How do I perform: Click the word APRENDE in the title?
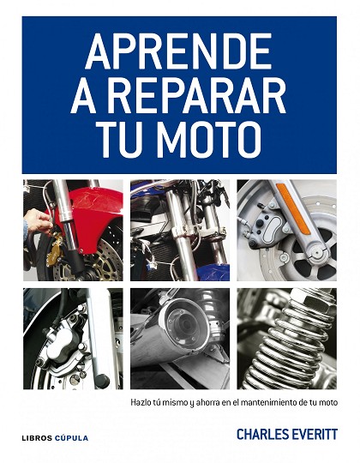click(178, 51)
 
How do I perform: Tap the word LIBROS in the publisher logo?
click(37, 438)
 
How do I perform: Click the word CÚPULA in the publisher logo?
click(71, 437)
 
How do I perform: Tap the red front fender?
click(93, 214)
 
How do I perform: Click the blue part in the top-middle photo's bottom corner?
click(213, 273)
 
